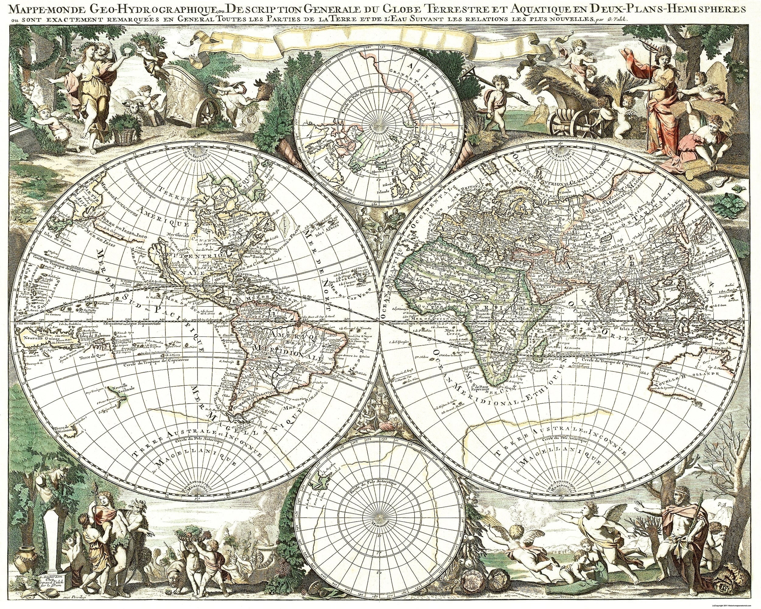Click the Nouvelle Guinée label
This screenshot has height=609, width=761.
[x=34, y=338]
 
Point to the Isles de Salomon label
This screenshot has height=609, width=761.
[x=90, y=335]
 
